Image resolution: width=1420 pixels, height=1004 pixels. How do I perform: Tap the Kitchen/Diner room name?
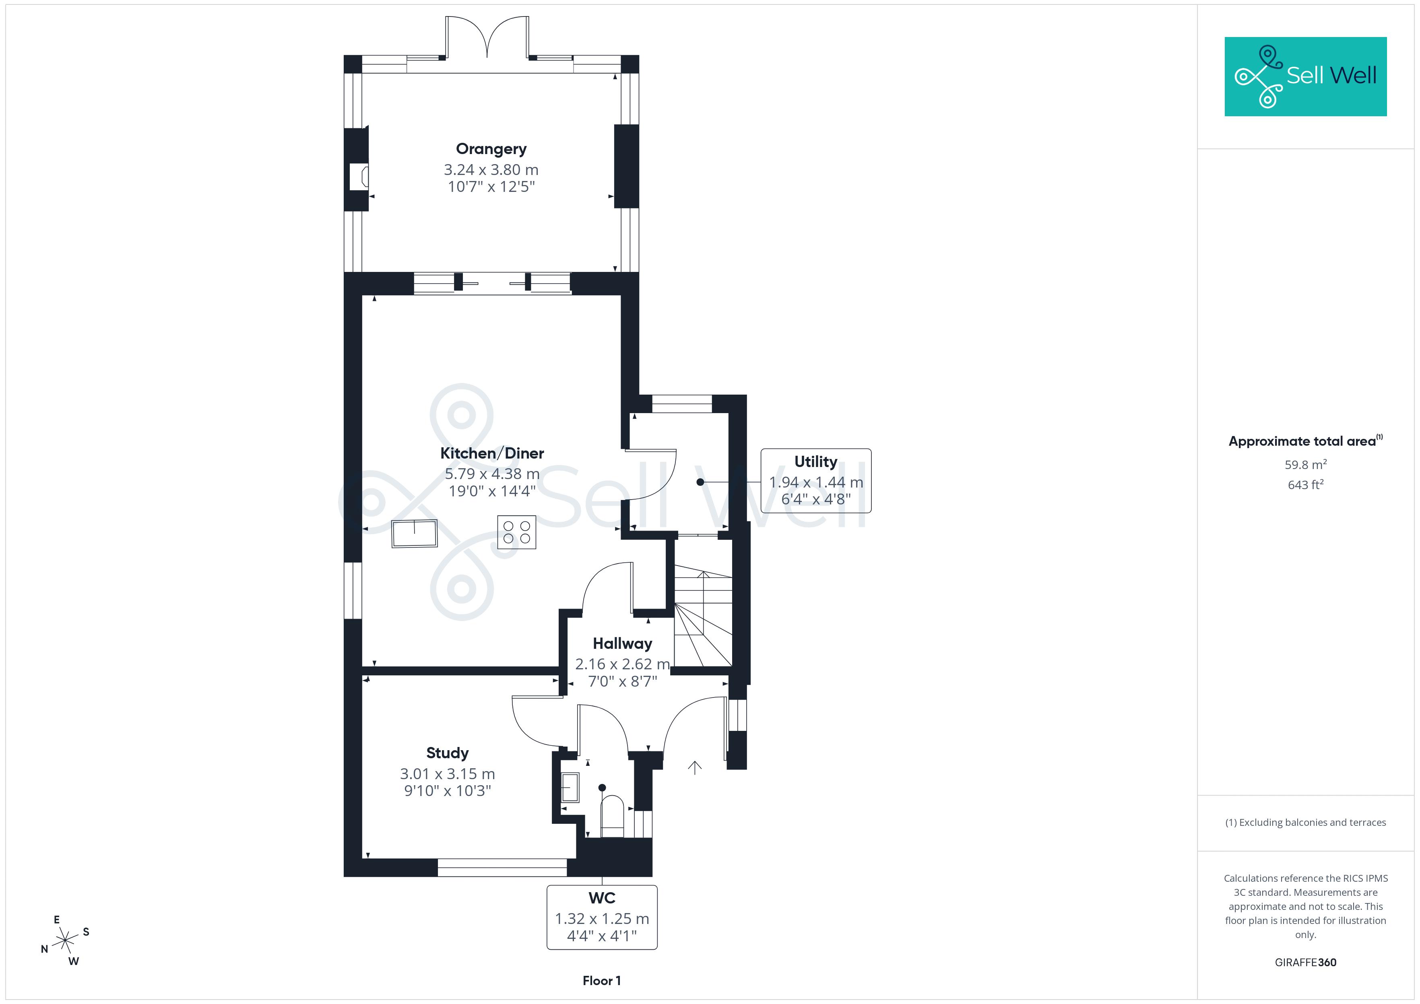click(x=492, y=453)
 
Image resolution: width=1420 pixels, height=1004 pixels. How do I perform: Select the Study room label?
click(x=447, y=753)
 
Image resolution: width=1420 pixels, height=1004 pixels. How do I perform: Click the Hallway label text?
click(x=622, y=644)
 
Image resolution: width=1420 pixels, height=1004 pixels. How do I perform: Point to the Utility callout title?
click(x=816, y=462)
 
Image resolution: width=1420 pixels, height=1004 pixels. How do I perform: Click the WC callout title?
click(x=602, y=898)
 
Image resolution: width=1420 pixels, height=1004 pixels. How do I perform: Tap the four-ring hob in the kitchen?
click(x=516, y=532)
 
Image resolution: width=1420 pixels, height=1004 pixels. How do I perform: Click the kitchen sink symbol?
click(x=415, y=533)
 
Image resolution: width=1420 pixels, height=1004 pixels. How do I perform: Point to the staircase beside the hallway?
click(x=703, y=619)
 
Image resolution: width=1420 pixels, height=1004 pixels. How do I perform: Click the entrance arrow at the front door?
click(x=695, y=767)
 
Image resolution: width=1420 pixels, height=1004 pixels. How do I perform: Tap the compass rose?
click(x=64, y=941)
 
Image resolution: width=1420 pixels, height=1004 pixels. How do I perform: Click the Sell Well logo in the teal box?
click(x=1306, y=77)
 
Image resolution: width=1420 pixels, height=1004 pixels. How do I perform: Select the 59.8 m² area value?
click(x=1306, y=464)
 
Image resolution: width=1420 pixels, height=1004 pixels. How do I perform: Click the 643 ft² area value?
click(x=1306, y=485)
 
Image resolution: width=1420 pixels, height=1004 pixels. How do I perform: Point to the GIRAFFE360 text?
click(x=1306, y=963)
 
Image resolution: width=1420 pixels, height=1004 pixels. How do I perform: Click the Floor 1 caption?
click(x=602, y=981)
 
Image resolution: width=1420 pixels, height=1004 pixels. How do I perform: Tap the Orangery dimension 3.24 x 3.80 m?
click(x=491, y=169)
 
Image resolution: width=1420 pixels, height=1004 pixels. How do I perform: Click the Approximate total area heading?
click(x=1302, y=441)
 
